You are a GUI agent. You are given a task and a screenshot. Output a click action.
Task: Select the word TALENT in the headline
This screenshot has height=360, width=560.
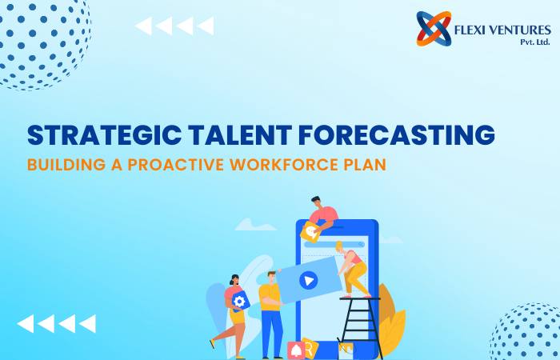(x=240, y=134)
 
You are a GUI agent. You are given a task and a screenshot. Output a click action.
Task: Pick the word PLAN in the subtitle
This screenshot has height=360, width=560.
(x=365, y=165)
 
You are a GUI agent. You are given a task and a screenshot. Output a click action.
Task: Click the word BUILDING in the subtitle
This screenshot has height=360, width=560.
(x=66, y=165)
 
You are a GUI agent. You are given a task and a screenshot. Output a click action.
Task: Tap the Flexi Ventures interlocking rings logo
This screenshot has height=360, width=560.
(x=434, y=29)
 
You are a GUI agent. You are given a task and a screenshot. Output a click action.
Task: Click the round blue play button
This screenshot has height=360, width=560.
(x=309, y=280)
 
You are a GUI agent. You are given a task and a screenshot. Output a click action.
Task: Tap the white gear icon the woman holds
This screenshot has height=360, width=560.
(x=239, y=302)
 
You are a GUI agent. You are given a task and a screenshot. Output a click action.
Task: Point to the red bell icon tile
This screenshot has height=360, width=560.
(x=296, y=350)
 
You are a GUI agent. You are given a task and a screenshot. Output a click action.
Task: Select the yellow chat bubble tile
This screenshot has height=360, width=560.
(x=310, y=232)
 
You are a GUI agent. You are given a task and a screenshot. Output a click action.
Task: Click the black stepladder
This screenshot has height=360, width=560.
(x=360, y=326)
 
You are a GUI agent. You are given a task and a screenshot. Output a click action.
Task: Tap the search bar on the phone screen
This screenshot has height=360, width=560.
(x=334, y=245)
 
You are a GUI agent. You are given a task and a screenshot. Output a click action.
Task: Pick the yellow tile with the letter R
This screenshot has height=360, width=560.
(x=310, y=348)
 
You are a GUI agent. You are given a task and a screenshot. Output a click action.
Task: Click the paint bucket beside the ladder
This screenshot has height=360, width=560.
(x=346, y=350)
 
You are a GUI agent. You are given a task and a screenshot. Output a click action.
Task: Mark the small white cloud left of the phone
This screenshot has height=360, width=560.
(x=254, y=225)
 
